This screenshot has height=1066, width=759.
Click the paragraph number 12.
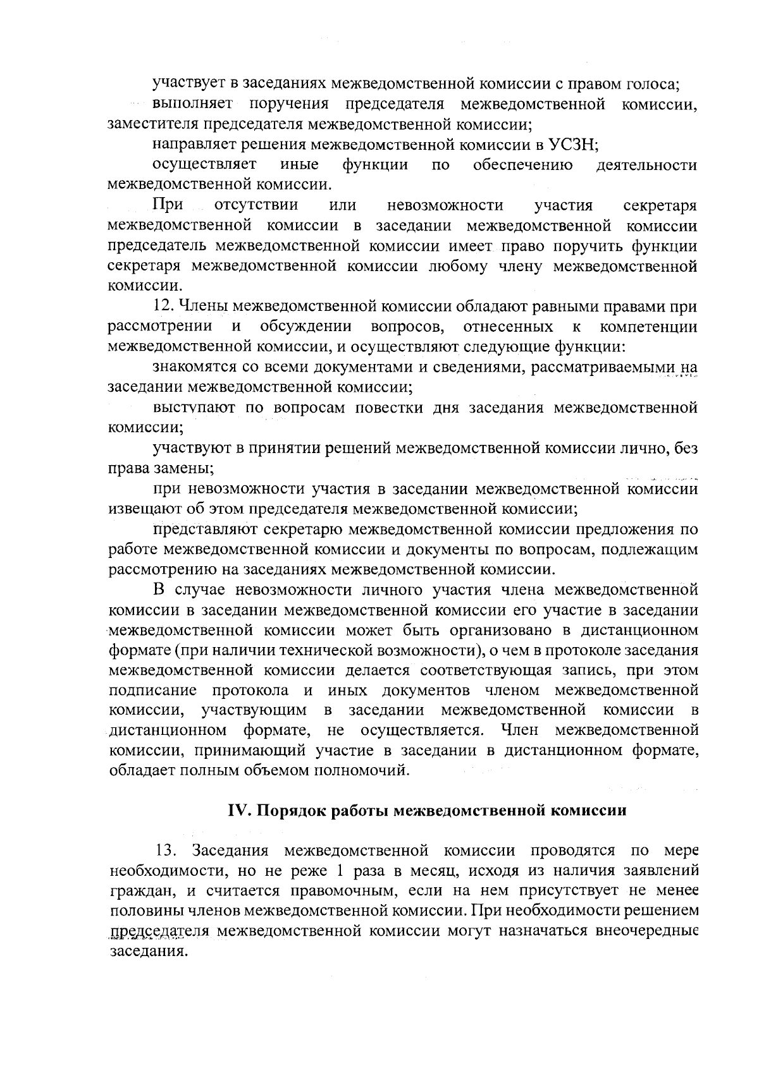[x=164, y=307]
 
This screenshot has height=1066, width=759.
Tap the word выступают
[x=194, y=408]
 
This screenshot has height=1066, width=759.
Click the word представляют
[x=204, y=530]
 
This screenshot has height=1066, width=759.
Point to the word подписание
[x=152, y=691]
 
